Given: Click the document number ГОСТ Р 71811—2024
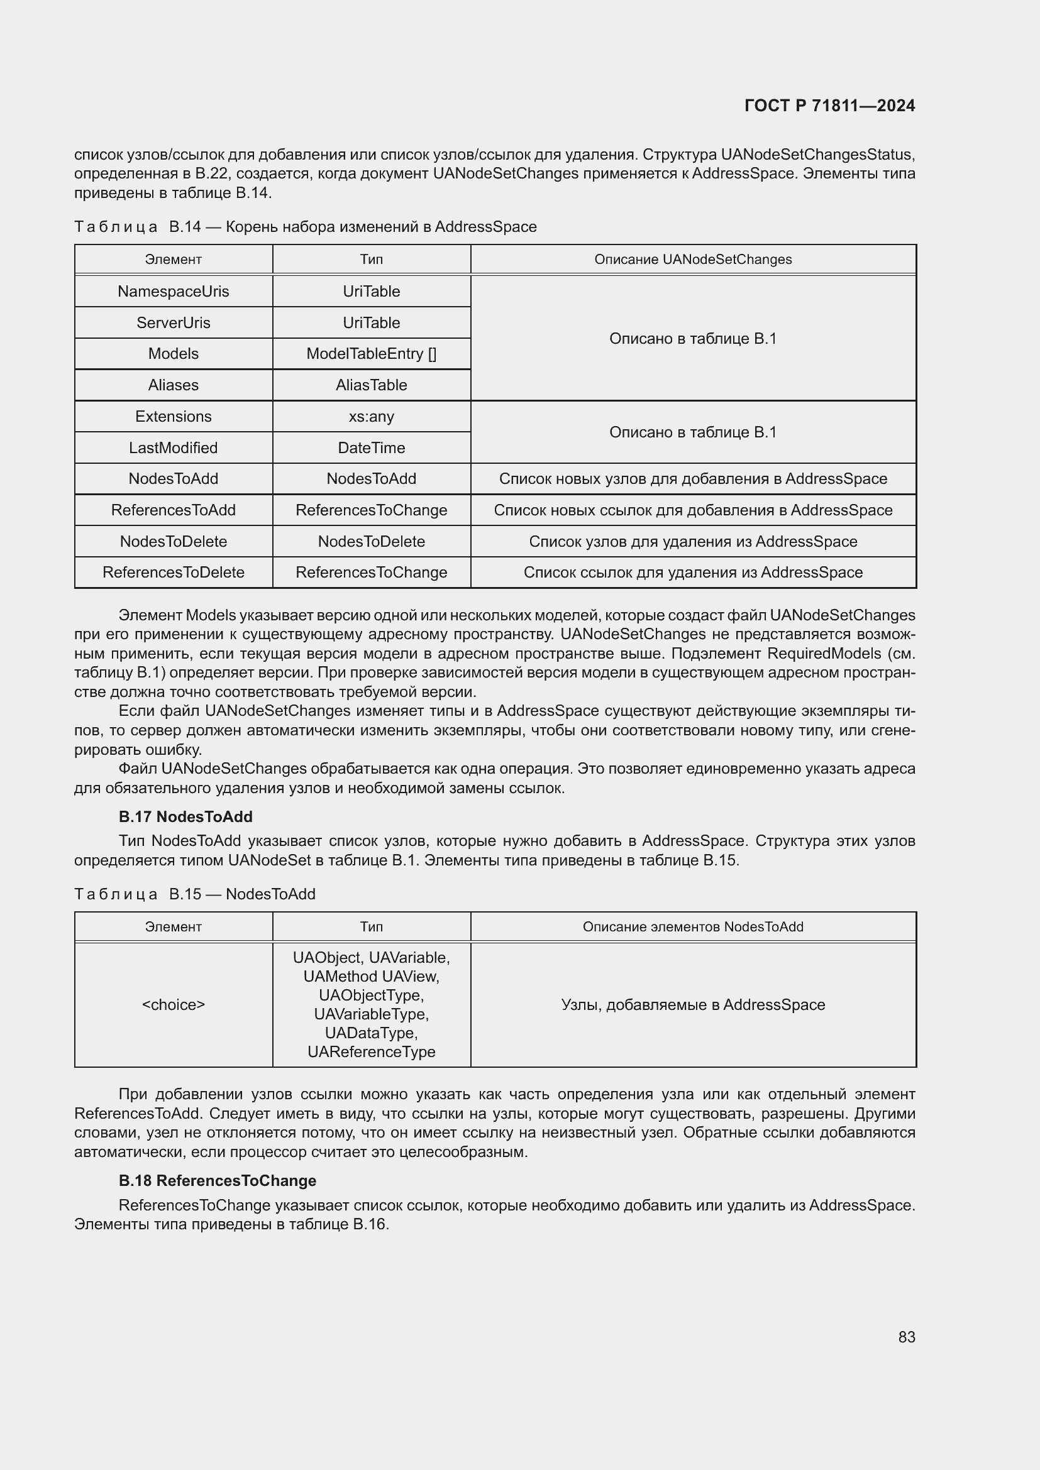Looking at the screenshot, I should [x=829, y=106].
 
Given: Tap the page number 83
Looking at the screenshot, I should [x=906, y=1337].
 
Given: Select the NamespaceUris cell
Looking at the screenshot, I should [x=173, y=292].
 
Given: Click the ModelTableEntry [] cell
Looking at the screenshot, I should [x=371, y=353].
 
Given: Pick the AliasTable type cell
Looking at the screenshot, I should [x=371, y=385].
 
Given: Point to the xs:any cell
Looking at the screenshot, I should [x=371, y=416].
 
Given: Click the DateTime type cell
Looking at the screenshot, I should [x=371, y=447].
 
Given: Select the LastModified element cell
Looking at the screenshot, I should [x=173, y=447].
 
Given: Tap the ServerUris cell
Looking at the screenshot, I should [x=173, y=322].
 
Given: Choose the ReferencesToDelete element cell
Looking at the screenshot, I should [x=173, y=572].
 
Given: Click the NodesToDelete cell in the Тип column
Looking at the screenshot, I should [x=371, y=541].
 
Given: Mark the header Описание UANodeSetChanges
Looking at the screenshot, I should [x=693, y=260].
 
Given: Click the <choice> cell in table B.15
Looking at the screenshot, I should [x=173, y=1004].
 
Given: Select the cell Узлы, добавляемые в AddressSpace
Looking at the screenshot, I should [x=693, y=1004].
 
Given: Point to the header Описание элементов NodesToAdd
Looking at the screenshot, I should [x=693, y=926].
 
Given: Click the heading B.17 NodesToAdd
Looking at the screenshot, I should [x=185, y=816].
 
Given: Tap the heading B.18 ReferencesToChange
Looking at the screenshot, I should [x=217, y=1181].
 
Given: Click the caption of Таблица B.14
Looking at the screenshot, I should [x=305, y=227].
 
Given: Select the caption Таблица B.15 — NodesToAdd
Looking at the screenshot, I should [x=195, y=894].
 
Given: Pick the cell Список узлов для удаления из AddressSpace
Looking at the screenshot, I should [x=693, y=541].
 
